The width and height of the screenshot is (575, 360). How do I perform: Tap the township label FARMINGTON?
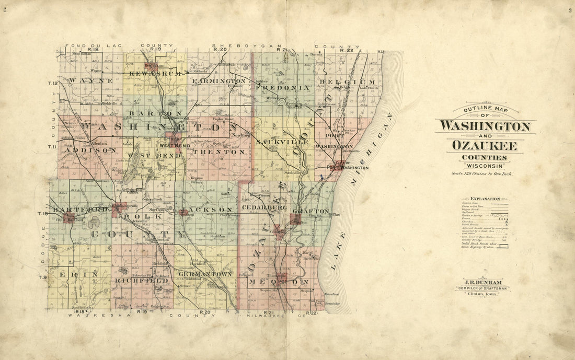218,82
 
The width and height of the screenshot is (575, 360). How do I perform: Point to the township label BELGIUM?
347,83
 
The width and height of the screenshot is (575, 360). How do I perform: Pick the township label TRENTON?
219,152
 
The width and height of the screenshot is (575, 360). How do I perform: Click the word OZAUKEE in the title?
485,146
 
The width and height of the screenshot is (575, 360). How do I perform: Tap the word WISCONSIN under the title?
485,166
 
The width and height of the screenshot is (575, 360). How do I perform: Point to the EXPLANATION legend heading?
485,199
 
